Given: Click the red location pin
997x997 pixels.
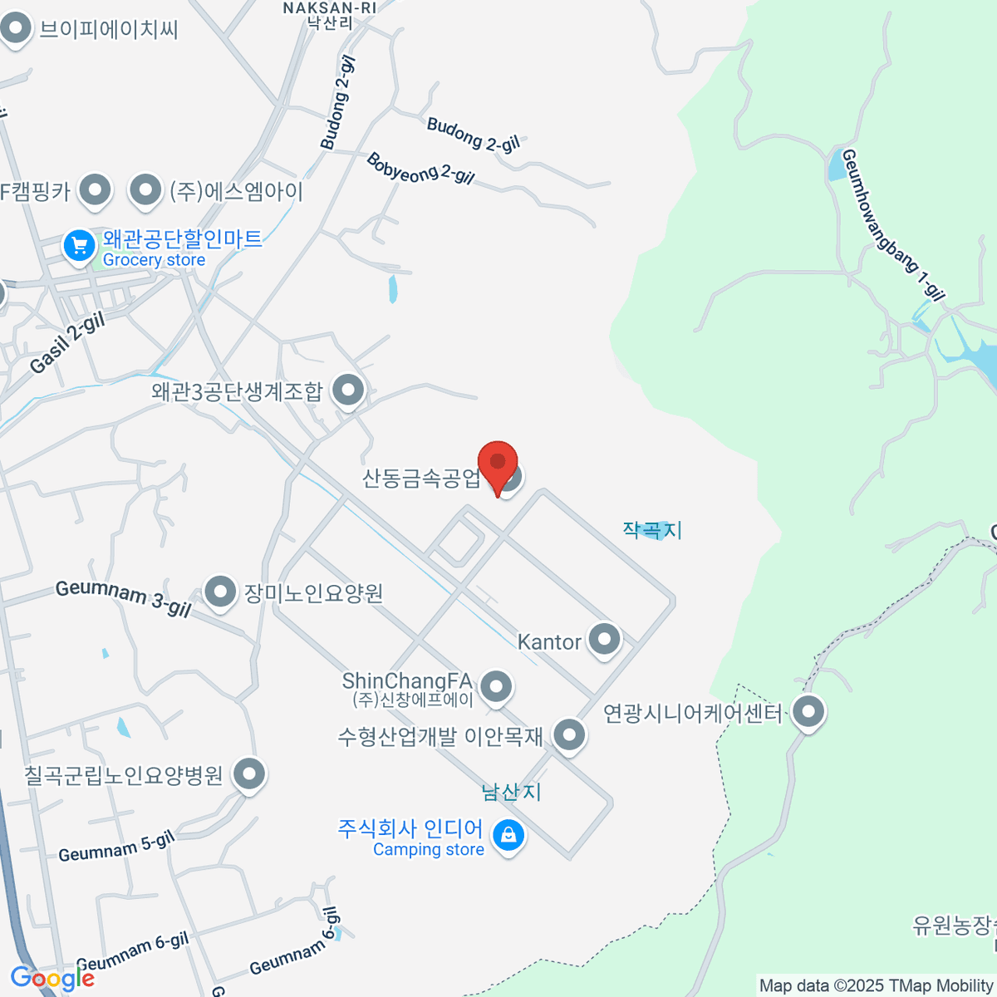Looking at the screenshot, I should [498, 464].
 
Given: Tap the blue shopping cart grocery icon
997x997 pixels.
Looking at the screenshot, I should [80, 246].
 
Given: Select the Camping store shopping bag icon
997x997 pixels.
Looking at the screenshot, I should [508, 834].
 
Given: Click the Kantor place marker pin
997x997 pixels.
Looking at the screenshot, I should [604, 640].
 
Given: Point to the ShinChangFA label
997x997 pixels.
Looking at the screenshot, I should [407, 681].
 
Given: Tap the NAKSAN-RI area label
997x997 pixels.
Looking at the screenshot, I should [330, 8].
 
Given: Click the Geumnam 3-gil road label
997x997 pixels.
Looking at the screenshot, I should [123, 598].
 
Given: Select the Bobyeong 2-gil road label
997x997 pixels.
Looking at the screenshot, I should [420, 168].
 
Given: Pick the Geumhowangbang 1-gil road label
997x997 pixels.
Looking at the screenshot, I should [893, 224].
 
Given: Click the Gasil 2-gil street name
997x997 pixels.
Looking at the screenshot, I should [68, 343].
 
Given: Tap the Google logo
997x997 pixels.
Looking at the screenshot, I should [52, 978].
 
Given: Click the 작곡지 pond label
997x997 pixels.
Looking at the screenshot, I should [652, 529].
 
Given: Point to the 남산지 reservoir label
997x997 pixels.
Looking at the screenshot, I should [512, 792].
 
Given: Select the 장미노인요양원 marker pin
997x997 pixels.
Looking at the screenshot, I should [220, 592].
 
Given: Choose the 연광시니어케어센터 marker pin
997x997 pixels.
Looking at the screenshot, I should [808, 711].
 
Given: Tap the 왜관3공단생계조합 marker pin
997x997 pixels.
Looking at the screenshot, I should [348, 389].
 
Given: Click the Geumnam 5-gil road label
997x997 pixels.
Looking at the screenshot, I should [116, 847].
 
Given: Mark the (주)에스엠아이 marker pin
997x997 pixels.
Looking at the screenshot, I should [146, 190].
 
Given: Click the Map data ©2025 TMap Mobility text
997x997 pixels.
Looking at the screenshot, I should [876, 986].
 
